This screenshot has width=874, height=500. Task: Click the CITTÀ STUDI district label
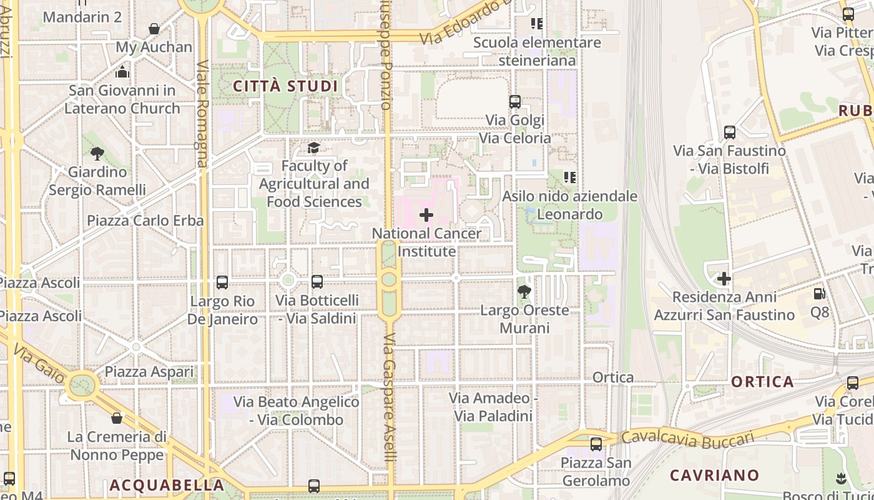[285, 86]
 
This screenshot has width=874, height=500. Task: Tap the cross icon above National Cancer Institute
[426, 215]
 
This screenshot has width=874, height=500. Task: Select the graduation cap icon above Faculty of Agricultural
[313, 147]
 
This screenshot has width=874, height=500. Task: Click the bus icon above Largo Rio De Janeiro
[222, 282]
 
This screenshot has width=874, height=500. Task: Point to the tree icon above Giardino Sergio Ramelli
[97, 153]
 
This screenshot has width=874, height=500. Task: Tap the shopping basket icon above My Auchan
[154, 29]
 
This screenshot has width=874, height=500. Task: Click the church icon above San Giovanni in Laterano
[122, 72]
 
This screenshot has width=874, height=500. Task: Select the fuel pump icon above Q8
[819, 293]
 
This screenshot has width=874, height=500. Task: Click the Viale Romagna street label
[202, 114]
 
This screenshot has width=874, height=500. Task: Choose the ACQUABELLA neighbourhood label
[167, 485]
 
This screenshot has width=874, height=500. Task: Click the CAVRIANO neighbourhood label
[714, 475]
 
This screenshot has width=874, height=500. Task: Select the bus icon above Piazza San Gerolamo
[596, 444]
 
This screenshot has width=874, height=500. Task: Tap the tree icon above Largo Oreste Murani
[524, 291]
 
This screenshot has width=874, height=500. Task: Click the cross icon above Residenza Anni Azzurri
[724, 278]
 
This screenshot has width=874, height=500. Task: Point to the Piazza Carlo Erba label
[145, 221]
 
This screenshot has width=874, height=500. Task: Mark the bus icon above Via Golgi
[515, 102]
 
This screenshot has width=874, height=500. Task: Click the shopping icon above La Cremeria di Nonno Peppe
[117, 418]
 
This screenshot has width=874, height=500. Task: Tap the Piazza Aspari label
[149, 372]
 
